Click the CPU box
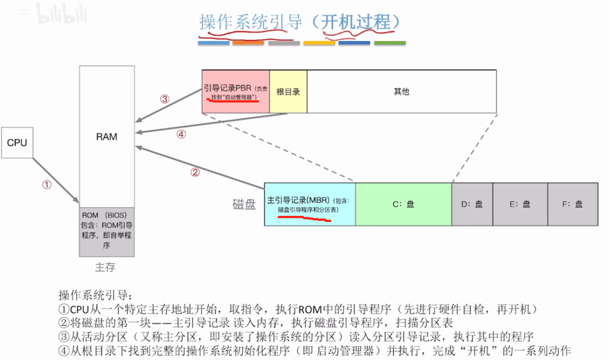point(17,143)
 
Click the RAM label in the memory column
point(106,137)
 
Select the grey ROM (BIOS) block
point(107,231)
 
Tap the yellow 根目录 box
point(288,92)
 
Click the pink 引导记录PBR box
point(236,92)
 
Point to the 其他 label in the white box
point(401,92)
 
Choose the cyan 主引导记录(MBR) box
point(310,204)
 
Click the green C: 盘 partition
point(404,204)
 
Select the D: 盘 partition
point(472,204)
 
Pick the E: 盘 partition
point(520,204)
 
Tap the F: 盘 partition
point(573,204)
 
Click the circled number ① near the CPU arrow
point(46,184)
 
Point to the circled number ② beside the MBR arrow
point(195,172)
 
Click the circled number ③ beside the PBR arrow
point(165,99)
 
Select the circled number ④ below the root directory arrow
point(181,134)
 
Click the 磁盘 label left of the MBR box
point(244,204)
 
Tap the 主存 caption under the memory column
point(105,267)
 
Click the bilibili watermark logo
point(62,14)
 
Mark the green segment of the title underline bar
point(390,43)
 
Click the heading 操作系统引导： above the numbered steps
point(96,295)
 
